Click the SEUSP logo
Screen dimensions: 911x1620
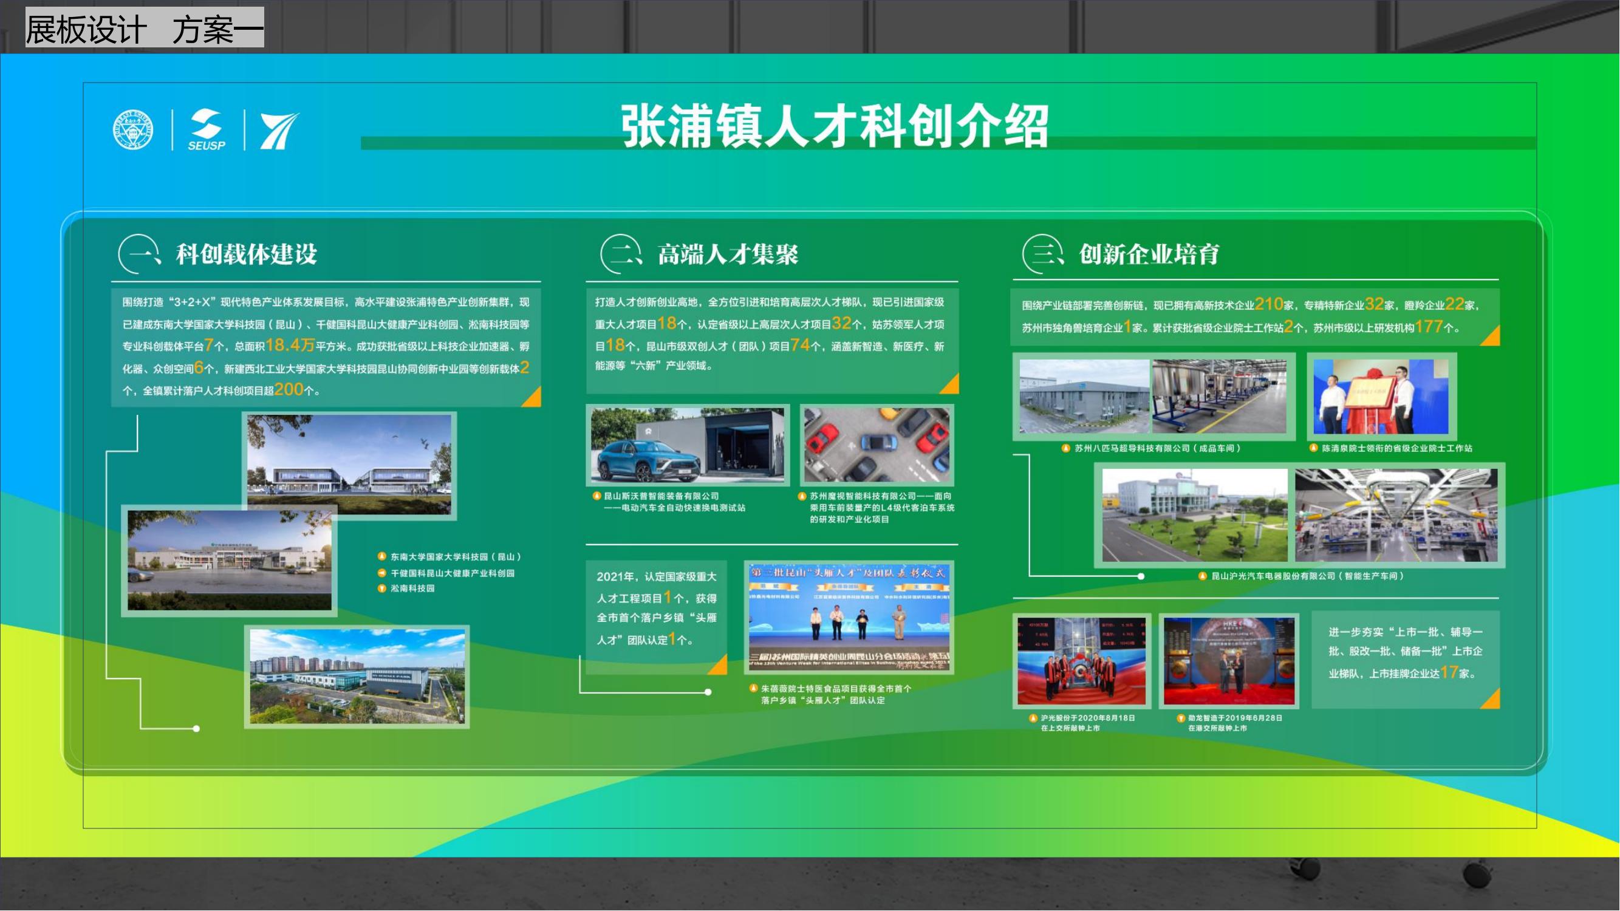point(207,130)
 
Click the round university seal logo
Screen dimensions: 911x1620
point(132,130)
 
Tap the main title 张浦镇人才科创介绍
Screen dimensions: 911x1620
point(835,126)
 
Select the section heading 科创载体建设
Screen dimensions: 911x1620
point(246,254)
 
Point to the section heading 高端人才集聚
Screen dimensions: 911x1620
point(728,254)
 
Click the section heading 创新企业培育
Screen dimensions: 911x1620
point(1149,254)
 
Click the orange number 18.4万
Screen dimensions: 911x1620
point(289,345)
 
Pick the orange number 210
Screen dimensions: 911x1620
point(1268,304)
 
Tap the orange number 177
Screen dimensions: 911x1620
point(1428,327)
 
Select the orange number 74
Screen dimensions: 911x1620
point(800,345)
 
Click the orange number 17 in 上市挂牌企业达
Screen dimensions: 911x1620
point(1449,672)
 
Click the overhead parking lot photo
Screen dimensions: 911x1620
point(877,445)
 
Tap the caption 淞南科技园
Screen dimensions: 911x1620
point(412,589)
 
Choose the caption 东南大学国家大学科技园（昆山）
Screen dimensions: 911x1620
point(456,557)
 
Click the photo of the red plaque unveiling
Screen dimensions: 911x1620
point(1381,397)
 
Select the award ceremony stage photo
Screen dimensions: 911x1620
point(849,618)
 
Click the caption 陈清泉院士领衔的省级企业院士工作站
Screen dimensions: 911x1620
point(1396,448)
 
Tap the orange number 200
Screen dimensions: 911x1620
point(289,390)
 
